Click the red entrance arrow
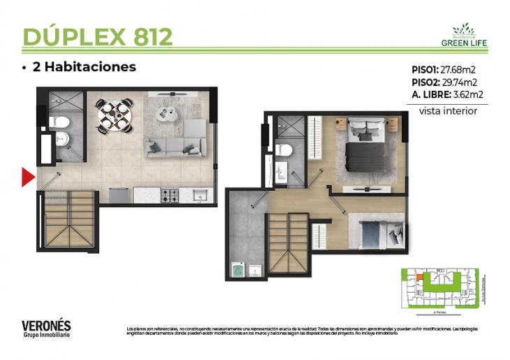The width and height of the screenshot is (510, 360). tap(28, 178)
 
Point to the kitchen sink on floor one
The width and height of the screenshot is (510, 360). tap(198, 194)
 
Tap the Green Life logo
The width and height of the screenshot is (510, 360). tap(463, 35)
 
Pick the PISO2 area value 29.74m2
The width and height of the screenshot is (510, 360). tap(462, 82)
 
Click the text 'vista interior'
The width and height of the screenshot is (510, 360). tap(448, 110)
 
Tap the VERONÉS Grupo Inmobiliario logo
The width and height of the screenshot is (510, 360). tap(46, 328)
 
